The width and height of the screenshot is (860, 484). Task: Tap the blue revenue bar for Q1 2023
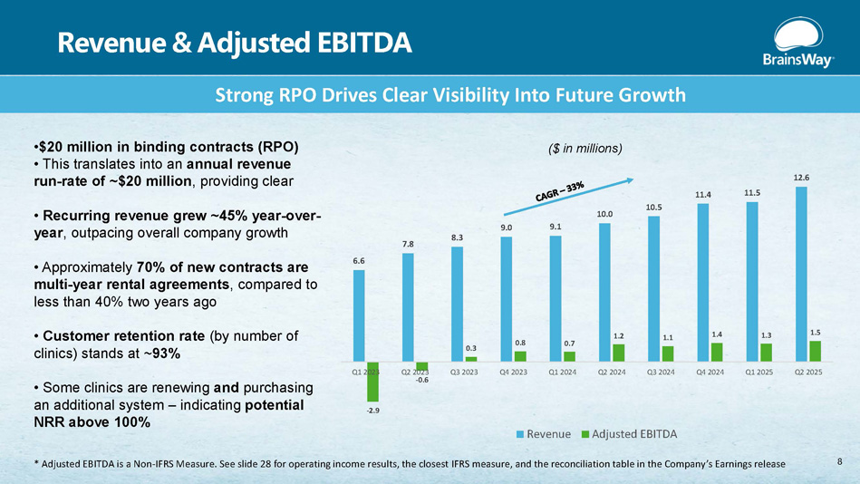click(x=359, y=317)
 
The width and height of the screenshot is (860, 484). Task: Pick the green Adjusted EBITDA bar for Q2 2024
click(x=618, y=352)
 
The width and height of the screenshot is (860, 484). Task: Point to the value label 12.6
click(x=801, y=178)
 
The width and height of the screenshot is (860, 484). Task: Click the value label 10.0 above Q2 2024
click(x=604, y=214)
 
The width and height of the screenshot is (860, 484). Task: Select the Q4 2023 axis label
click(x=513, y=371)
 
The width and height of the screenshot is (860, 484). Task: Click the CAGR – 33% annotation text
click(x=558, y=193)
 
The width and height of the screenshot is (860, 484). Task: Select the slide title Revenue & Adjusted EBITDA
click(x=234, y=41)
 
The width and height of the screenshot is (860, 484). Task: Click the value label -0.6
click(x=421, y=380)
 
